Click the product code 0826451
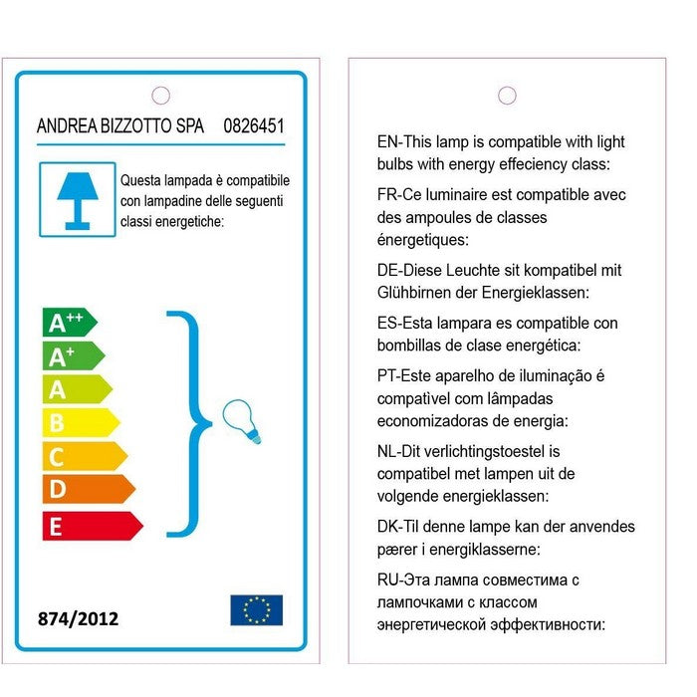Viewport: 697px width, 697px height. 254,126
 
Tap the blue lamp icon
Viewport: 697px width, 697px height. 71,199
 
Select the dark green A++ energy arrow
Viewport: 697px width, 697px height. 68,322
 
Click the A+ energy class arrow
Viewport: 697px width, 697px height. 72,355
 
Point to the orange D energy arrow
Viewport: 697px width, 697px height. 87,489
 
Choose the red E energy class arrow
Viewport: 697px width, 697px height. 91,525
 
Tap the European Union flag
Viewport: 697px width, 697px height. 256,609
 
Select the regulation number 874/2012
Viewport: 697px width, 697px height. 78,618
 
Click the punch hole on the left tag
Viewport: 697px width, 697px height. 160,96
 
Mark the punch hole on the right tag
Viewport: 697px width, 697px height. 507,96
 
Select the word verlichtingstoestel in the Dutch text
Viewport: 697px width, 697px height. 482,451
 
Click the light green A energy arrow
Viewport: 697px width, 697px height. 75,389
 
